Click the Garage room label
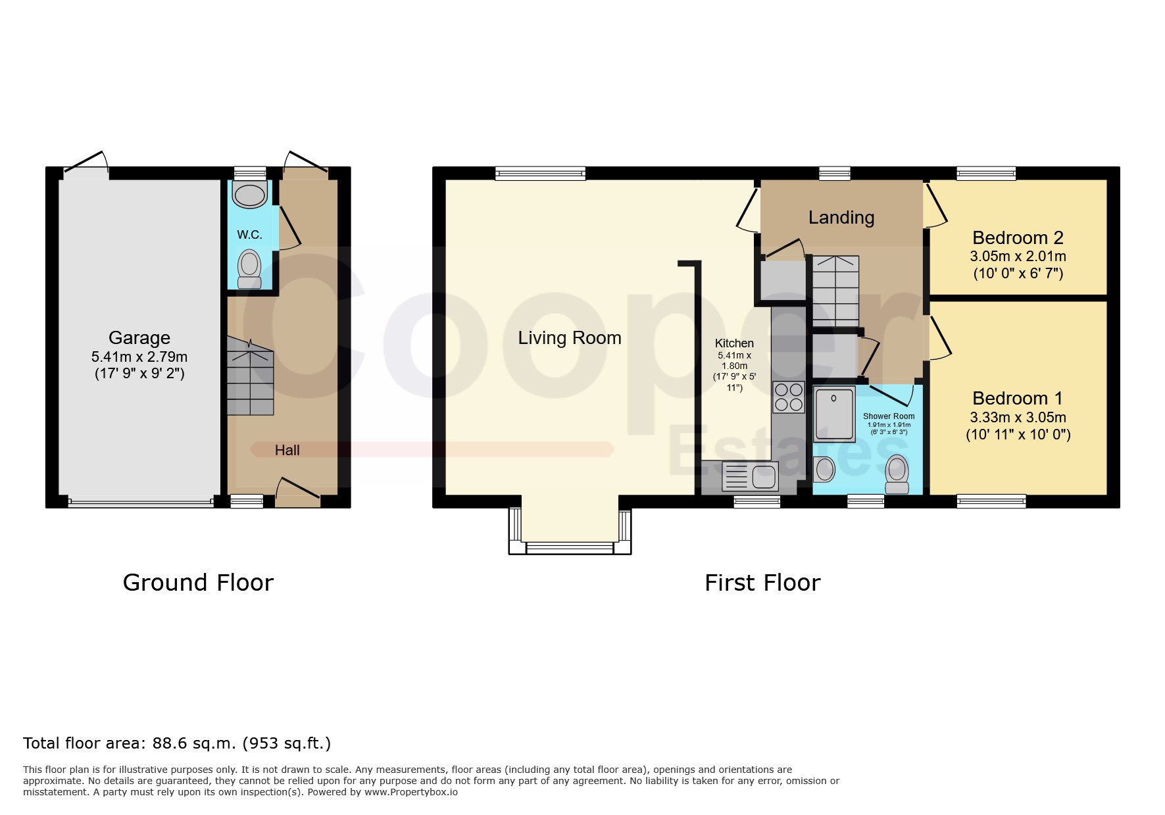139,338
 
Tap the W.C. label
249,235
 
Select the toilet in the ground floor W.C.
249,269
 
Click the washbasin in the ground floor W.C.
250,195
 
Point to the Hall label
287,451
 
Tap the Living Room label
570,338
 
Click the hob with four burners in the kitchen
789,397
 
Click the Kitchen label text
734,343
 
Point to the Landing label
841,218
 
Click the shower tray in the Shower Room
834,414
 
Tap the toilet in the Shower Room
897,474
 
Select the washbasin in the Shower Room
824,470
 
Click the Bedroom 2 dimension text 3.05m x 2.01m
1018,257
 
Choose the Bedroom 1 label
1018,399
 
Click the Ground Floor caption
198,583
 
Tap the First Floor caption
762,583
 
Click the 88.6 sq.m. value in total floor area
194,743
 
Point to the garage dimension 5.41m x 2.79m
139,357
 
